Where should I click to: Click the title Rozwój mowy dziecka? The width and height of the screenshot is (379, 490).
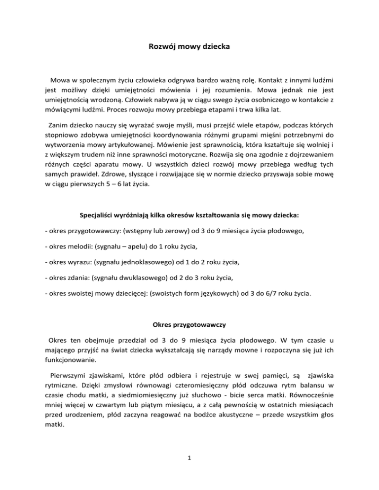coord(189,48)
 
